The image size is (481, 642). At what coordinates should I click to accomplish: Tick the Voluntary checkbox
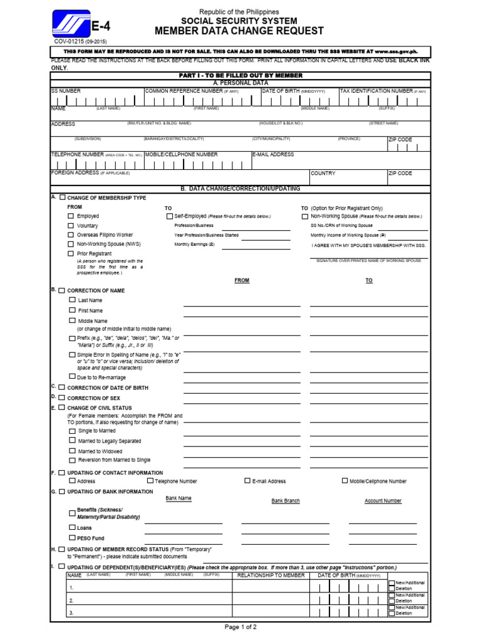(x=71, y=225)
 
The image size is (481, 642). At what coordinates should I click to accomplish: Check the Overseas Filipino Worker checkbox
(x=71, y=234)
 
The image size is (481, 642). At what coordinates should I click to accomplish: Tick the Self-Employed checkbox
(x=170, y=216)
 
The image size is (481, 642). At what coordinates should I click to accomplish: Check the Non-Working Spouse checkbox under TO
(x=305, y=216)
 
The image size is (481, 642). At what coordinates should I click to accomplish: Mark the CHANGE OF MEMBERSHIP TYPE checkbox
(x=62, y=197)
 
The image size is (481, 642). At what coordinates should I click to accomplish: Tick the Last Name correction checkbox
(x=72, y=300)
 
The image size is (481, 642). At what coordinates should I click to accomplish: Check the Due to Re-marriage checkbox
(x=72, y=377)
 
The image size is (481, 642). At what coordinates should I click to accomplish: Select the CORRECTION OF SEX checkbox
(x=62, y=397)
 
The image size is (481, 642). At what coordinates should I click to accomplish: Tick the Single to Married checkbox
(x=72, y=431)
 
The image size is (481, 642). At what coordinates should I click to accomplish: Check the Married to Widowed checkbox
(x=72, y=451)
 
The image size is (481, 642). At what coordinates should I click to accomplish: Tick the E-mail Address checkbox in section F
(x=247, y=481)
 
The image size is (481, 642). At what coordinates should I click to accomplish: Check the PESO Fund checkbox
(x=72, y=538)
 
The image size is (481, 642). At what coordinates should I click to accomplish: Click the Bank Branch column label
(x=286, y=501)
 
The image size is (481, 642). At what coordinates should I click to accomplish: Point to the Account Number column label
(x=383, y=501)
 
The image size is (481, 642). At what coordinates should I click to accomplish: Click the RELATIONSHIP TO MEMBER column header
(x=272, y=575)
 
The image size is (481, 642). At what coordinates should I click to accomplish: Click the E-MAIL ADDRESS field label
(x=273, y=154)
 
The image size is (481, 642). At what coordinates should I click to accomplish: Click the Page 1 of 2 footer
(x=240, y=627)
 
